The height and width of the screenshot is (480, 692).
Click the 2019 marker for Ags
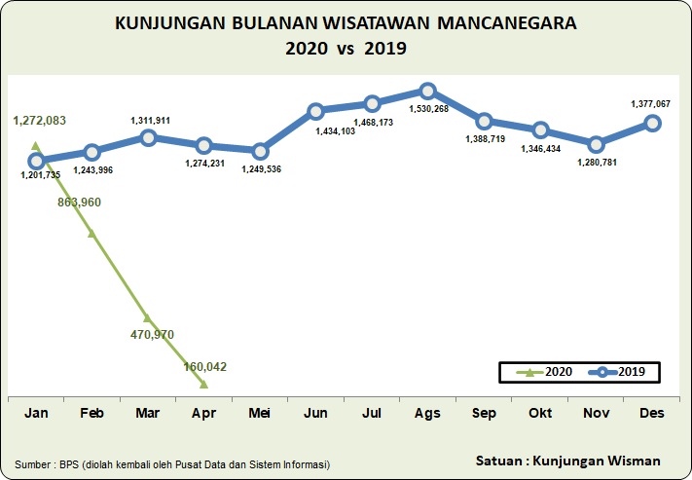(x=428, y=91)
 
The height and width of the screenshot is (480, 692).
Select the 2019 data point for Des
(x=652, y=123)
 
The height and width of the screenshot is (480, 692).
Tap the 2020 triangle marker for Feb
(x=91, y=233)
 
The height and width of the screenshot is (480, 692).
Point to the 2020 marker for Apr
(x=203, y=385)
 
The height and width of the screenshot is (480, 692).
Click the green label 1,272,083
(x=40, y=121)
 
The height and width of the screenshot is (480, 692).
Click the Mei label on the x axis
(x=260, y=414)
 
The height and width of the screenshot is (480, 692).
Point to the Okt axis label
(x=540, y=414)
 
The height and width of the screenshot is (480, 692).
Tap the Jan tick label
(x=36, y=414)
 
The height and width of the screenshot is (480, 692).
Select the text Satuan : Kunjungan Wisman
(x=568, y=460)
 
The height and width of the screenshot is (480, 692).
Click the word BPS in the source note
(x=74, y=464)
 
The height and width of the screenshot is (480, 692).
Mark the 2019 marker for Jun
(x=315, y=112)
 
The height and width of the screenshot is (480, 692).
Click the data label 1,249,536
(x=260, y=169)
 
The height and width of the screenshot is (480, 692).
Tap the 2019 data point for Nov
(x=597, y=143)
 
